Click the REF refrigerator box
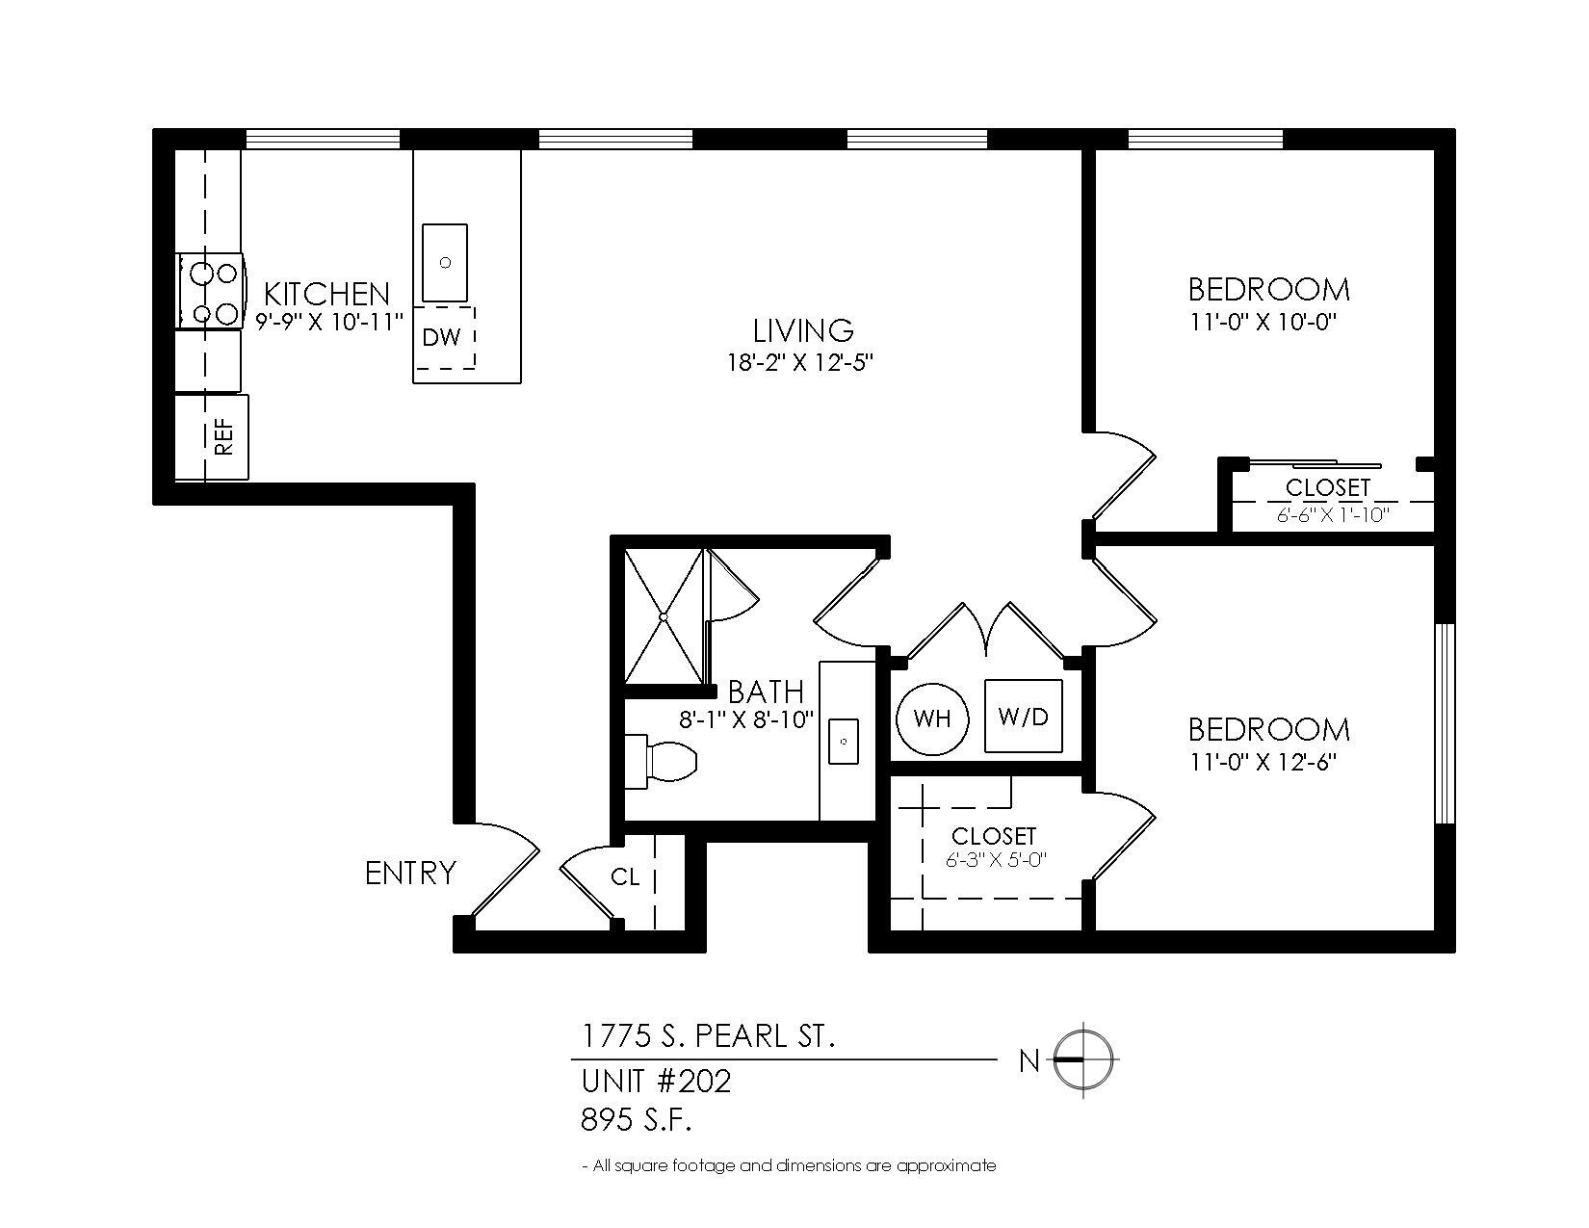pyautogui.click(x=212, y=436)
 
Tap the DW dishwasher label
pyautogui.click(x=442, y=337)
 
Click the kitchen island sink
pyautogui.click(x=445, y=263)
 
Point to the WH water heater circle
pyautogui.click(x=932, y=719)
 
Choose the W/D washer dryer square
pyautogui.click(x=1023, y=717)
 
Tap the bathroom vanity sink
pyautogui.click(x=844, y=742)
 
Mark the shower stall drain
pyautogui.click(x=664, y=615)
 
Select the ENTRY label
pyautogui.click(x=410, y=874)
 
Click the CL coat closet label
pyautogui.click(x=625, y=877)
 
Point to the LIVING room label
pyautogui.click(x=803, y=330)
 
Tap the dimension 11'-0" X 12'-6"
pyautogui.click(x=1263, y=762)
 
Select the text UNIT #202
pyautogui.click(x=657, y=1081)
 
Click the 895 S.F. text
pyautogui.click(x=637, y=1120)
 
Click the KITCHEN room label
pyautogui.click(x=326, y=294)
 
